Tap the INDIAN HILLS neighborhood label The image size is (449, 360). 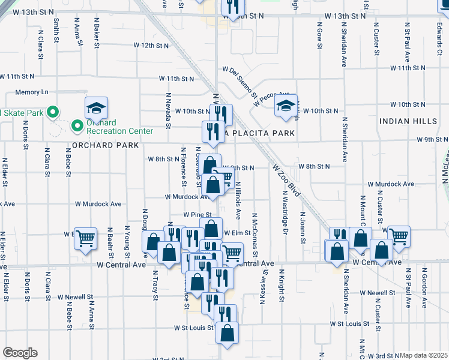[x=408, y=121]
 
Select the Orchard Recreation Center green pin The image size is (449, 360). [x=76, y=126]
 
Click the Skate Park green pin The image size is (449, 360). [x=52, y=112]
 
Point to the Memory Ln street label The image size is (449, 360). [x=32, y=92]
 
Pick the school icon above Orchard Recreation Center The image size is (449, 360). [x=96, y=108]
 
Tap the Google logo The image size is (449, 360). [x=20, y=353]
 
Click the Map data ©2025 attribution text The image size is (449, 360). [x=424, y=355]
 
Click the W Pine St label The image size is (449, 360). [x=198, y=214]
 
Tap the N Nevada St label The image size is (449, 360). [x=169, y=110]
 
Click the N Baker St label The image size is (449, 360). [x=97, y=33]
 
